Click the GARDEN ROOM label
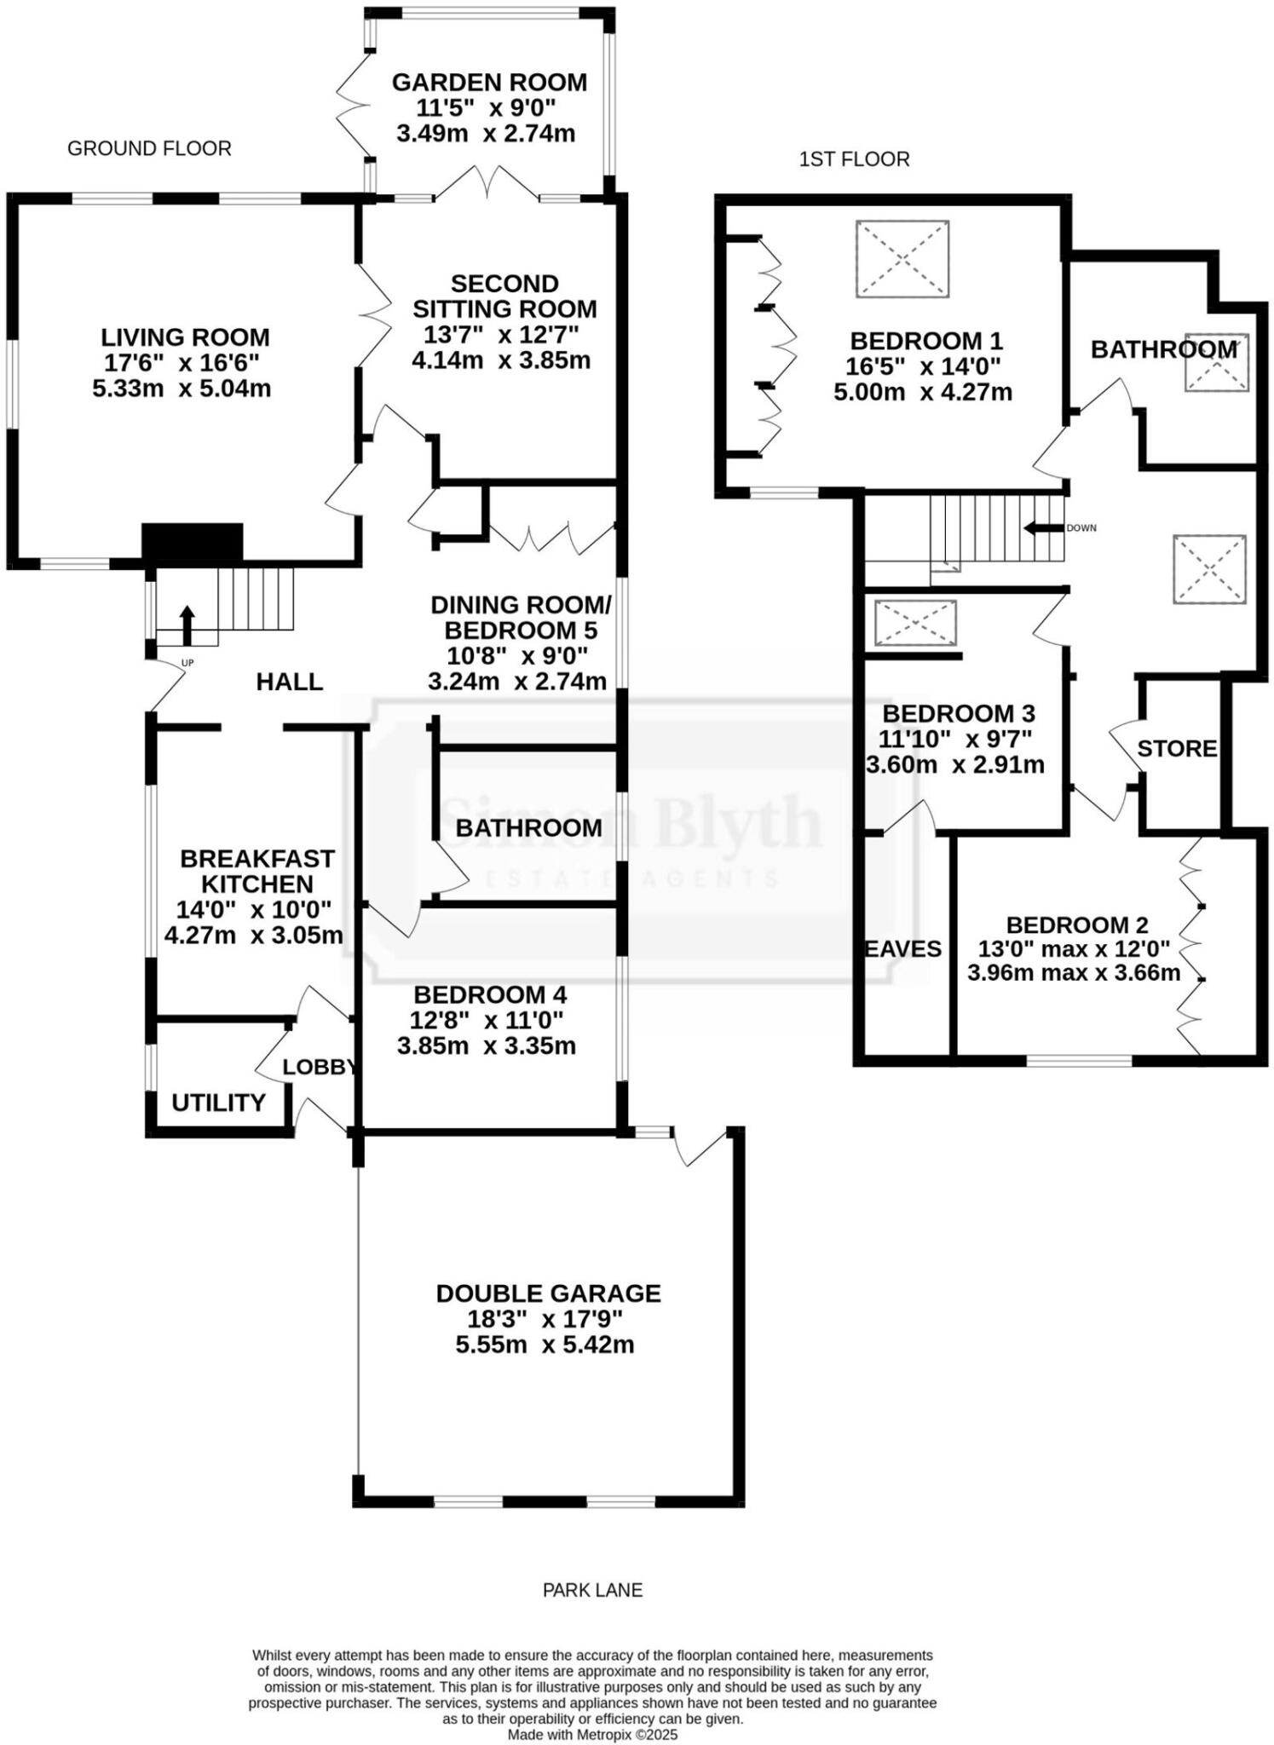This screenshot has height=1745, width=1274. [489, 83]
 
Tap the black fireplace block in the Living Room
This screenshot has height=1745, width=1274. [192, 542]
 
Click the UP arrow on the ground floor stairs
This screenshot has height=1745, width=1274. [187, 624]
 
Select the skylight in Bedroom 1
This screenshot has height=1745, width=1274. [902, 258]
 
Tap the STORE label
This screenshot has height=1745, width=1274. [1177, 749]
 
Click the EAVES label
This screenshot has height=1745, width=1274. [903, 948]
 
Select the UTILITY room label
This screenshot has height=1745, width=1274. [218, 1103]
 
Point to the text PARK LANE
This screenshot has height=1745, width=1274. [592, 1590]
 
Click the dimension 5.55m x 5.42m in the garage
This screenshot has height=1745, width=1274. [548, 1345]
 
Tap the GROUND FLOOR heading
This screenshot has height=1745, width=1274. [149, 148]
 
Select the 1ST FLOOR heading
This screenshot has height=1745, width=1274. [854, 159]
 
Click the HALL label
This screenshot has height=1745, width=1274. [290, 682]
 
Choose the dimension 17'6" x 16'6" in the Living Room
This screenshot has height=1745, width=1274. [182, 363]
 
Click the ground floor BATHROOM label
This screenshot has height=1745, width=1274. [528, 827]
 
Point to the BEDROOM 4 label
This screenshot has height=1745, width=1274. [490, 994]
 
